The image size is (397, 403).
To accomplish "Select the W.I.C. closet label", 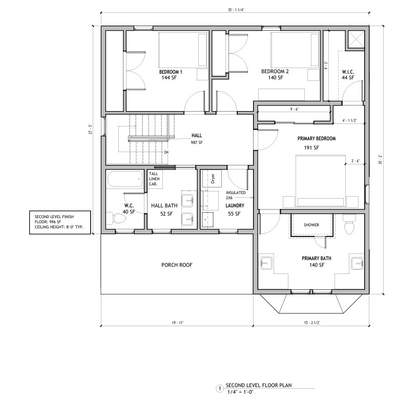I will coord(348,71).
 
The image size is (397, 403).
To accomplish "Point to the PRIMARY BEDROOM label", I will coord(316,138).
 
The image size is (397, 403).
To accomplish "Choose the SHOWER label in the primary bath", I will coord(311,225).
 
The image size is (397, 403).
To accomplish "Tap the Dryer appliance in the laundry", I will coord(213,179).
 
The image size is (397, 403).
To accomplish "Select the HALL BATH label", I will coord(163,205).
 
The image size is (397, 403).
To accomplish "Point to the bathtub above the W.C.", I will coord(126,180).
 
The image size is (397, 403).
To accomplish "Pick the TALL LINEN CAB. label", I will coord(156,178).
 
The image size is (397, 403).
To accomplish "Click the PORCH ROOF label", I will coord(177,265).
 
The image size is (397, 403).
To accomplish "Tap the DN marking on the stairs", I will coord(166,152).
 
